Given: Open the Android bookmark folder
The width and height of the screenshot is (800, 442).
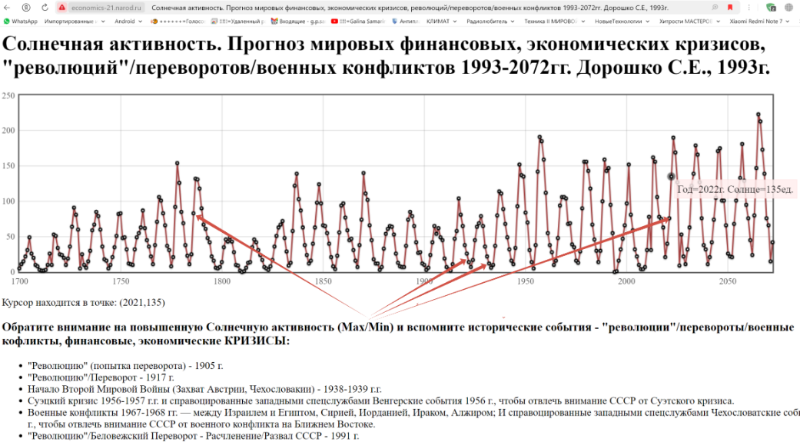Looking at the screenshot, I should (127, 22).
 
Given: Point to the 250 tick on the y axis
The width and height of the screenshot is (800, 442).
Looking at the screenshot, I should (8, 95).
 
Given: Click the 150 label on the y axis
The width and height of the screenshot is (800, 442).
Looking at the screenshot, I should (8, 166).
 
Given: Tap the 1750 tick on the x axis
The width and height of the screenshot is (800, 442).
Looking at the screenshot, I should (121, 281).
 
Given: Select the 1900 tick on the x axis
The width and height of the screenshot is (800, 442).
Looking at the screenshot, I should (424, 281).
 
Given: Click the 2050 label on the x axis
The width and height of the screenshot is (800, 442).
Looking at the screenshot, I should (727, 281).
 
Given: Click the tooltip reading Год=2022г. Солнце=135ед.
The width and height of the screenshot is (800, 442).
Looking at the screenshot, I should (735, 189).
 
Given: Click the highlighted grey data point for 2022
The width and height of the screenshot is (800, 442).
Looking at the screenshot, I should (671, 177).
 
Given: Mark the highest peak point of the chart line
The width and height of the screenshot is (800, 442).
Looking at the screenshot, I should (759, 115).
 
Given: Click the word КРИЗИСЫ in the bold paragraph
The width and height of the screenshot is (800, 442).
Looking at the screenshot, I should (257, 341).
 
